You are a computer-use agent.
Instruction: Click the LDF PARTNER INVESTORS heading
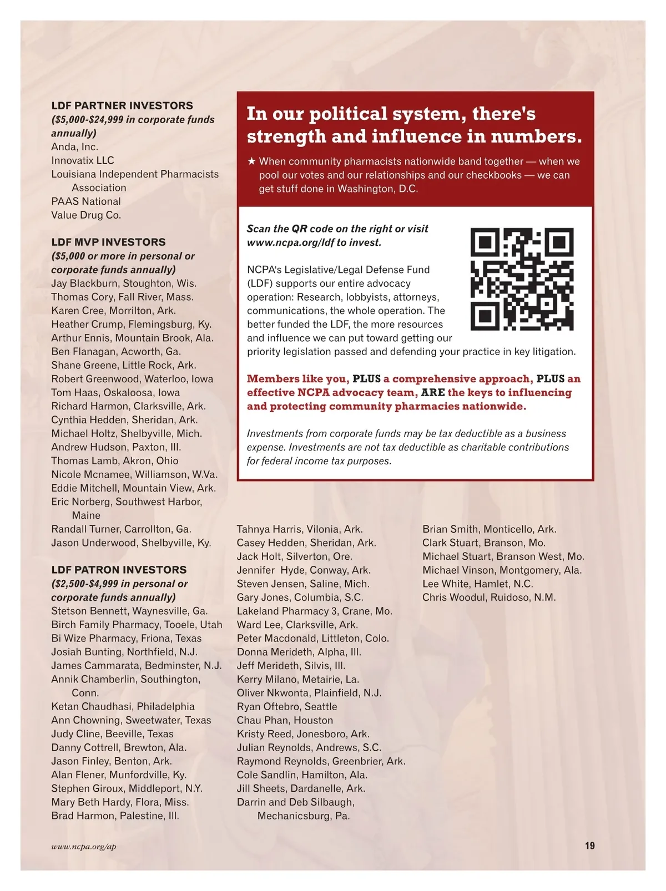[122, 105]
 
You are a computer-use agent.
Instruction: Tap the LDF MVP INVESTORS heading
[108, 242]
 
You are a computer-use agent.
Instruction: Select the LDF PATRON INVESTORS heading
[119, 570]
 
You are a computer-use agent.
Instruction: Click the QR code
[522, 279]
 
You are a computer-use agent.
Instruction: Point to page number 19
[589, 846]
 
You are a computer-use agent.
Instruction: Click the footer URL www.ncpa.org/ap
[84, 847]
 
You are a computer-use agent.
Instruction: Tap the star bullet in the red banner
[251, 161]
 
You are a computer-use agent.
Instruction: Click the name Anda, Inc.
[74, 147]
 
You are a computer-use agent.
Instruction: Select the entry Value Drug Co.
[86, 215]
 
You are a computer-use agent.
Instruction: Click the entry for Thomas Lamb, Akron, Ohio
[115, 461]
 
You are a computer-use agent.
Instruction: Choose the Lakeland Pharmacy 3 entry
[314, 611]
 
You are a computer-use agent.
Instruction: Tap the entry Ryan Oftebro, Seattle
[287, 707]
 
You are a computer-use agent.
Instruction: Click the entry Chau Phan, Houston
[285, 721]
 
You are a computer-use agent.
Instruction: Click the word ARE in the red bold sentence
[433, 393]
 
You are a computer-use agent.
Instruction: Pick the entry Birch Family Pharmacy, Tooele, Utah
[137, 625]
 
